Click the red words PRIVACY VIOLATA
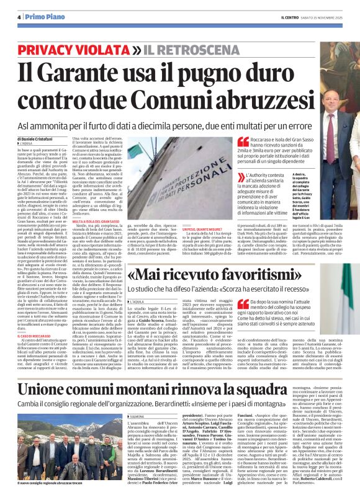[77, 49]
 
